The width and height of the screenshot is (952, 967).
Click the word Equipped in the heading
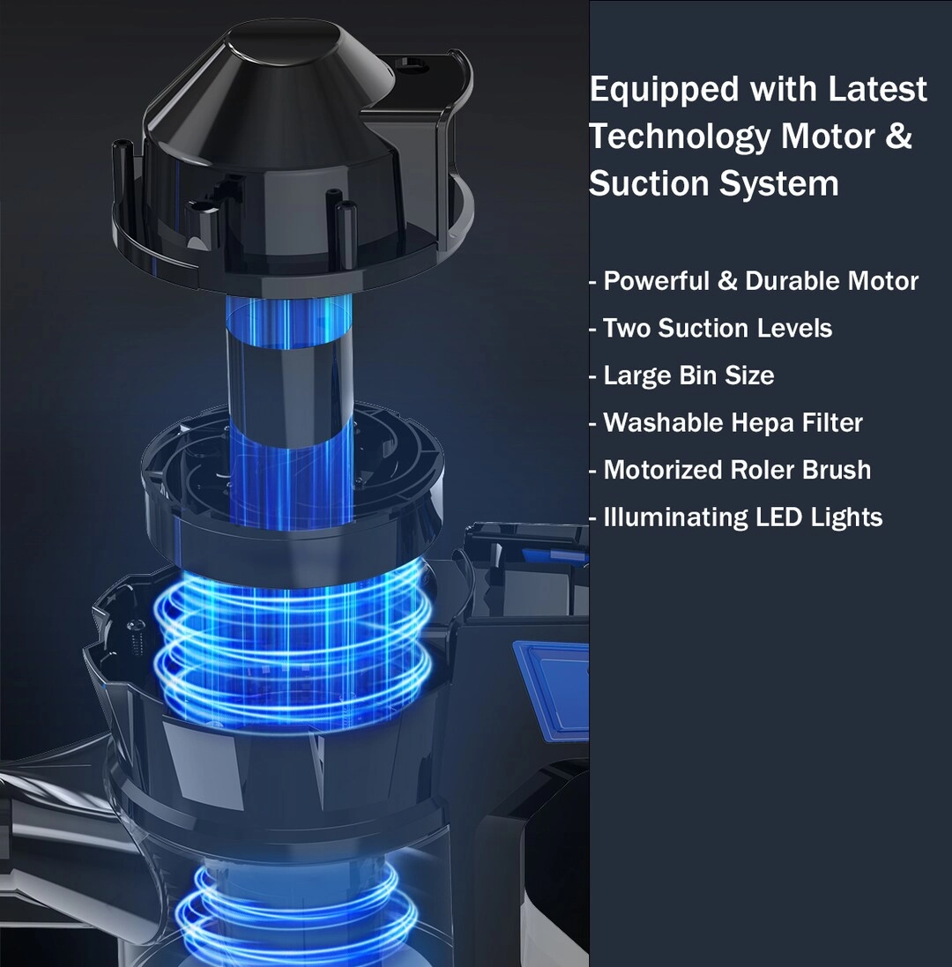[664, 90]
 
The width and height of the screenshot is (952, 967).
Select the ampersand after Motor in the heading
[897, 136]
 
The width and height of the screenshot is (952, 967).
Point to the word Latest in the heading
[877, 88]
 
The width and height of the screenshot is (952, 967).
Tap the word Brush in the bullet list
[837, 470]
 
